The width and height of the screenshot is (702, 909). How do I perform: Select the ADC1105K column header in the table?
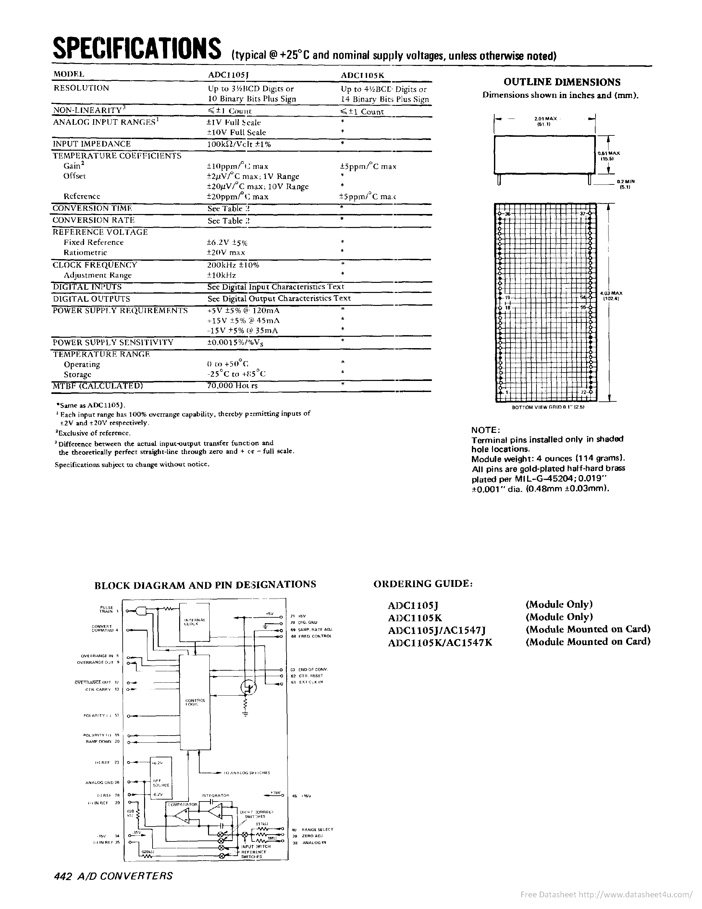(363, 75)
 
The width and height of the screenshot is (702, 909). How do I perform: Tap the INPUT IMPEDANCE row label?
(92, 144)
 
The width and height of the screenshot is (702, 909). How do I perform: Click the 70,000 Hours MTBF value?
(232, 385)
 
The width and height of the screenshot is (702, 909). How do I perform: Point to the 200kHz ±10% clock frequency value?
(233, 265)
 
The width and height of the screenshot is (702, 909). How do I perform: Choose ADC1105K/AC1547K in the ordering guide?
(439, 642)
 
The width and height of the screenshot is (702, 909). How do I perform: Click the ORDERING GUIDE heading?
(423, 584)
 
